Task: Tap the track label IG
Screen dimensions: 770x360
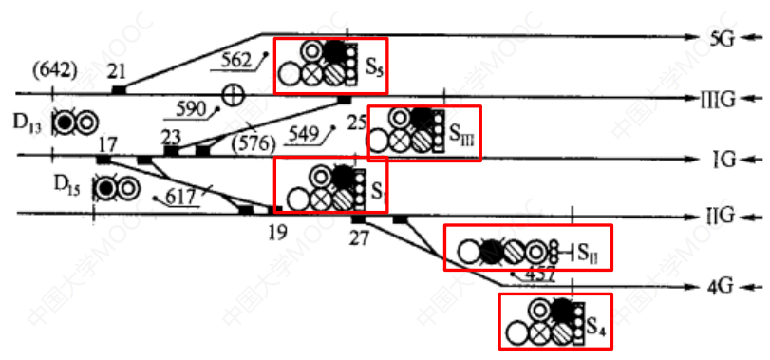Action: tap(723, 158)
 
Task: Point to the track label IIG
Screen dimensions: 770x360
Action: tap(719, 217)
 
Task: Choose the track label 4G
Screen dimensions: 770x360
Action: tap(723, 286)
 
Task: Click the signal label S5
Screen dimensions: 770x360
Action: tap(374, 68)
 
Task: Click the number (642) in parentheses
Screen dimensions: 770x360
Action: tap(53, 69)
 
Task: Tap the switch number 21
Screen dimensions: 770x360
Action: tap(118, 70)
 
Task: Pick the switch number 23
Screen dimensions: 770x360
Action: tap(171, 135)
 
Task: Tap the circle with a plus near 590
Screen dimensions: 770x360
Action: tap(231, 94)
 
